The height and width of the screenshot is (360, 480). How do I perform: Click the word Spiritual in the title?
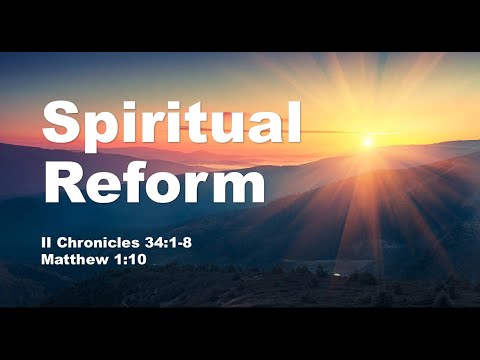coord(170,125)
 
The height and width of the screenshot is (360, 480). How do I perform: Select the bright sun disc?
coord(368,142)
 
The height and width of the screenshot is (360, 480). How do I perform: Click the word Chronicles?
coord(101,242)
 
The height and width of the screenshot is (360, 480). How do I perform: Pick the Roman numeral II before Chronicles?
coord(50,242)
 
